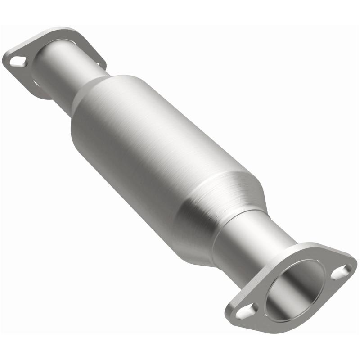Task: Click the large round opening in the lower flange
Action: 295,288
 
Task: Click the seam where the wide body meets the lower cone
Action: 198,189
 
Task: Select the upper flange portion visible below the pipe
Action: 43,92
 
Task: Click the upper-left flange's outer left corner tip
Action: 5,61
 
